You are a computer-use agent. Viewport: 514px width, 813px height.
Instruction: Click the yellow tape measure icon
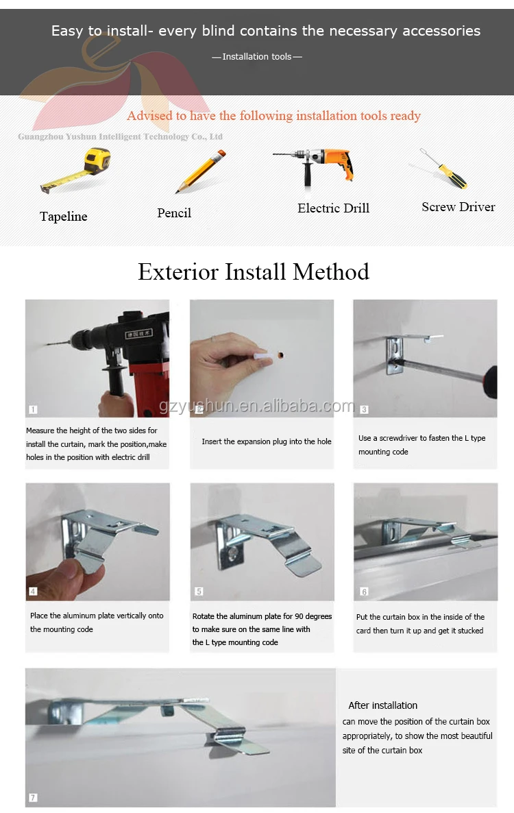pos(77,170)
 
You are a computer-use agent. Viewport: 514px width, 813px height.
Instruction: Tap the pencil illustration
pos(201,171)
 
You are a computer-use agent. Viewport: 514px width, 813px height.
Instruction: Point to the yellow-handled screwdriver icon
pos(443,168)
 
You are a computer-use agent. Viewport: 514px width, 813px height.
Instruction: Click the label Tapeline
pos(63,216)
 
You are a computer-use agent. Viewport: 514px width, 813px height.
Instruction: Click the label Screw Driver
pos(458,207)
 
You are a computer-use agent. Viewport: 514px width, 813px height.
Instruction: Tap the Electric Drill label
pos(333,208)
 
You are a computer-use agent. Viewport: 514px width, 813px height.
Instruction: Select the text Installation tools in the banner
pos(257,56)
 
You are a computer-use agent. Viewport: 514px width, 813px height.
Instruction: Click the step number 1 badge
pos(33,410)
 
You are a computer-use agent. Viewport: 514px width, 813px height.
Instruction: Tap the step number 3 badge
pos(365,410)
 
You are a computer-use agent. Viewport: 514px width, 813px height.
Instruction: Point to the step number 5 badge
pos(199,591)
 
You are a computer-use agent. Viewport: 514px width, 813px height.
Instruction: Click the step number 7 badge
pos(33,797)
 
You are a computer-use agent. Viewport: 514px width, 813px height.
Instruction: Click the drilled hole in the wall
pos(280,356)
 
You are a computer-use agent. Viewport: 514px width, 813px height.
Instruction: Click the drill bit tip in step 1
pos(47,343)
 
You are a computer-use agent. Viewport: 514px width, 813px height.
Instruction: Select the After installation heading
pos(383,705)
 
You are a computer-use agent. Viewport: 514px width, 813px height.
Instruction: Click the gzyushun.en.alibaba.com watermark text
pos(257,405)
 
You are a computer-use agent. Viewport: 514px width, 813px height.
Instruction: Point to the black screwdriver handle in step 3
pos(490,383)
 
